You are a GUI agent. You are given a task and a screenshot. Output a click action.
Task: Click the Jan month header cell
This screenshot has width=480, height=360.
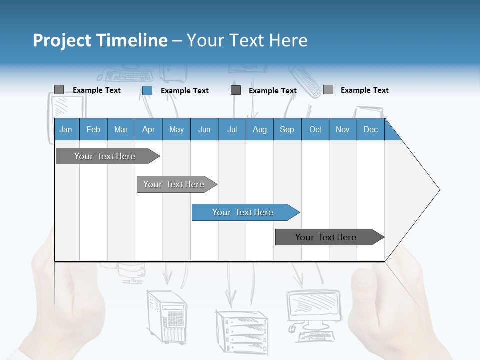click(x=66, y=129)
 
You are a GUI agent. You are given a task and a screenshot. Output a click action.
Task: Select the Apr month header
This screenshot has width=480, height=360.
click(x=149, y=129)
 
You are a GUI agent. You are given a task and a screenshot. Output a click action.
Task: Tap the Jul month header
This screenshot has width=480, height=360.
click(x=232, y=129)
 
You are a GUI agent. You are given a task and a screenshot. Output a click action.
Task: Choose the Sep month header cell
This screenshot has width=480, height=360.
click(x=287, y=129)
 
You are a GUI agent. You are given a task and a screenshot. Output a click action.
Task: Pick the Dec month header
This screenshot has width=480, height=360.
click(x=371, y=129)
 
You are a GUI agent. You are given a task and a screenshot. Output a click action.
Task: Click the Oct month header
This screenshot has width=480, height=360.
click(x=315, y=129)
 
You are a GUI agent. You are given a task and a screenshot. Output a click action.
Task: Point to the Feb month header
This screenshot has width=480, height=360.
click(x=93, y=129)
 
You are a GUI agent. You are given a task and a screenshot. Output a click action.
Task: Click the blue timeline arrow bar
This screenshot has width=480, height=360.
click(x=245, y=212)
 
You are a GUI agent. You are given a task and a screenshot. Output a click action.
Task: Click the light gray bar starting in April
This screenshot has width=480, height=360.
click(x=175, y=184)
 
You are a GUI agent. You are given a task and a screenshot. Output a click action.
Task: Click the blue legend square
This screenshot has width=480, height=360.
click(x=147, y=90)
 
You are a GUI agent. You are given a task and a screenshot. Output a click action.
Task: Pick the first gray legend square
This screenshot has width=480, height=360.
click(x=59, y=90)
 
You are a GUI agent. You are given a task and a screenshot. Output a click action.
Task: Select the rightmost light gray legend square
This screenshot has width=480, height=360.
click(x=328, y=90)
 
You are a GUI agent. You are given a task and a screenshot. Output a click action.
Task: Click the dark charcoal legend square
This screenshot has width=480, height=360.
click(x=236, y=90)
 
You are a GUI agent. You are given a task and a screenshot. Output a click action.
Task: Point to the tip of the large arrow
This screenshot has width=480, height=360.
click(x=438, y=190)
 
